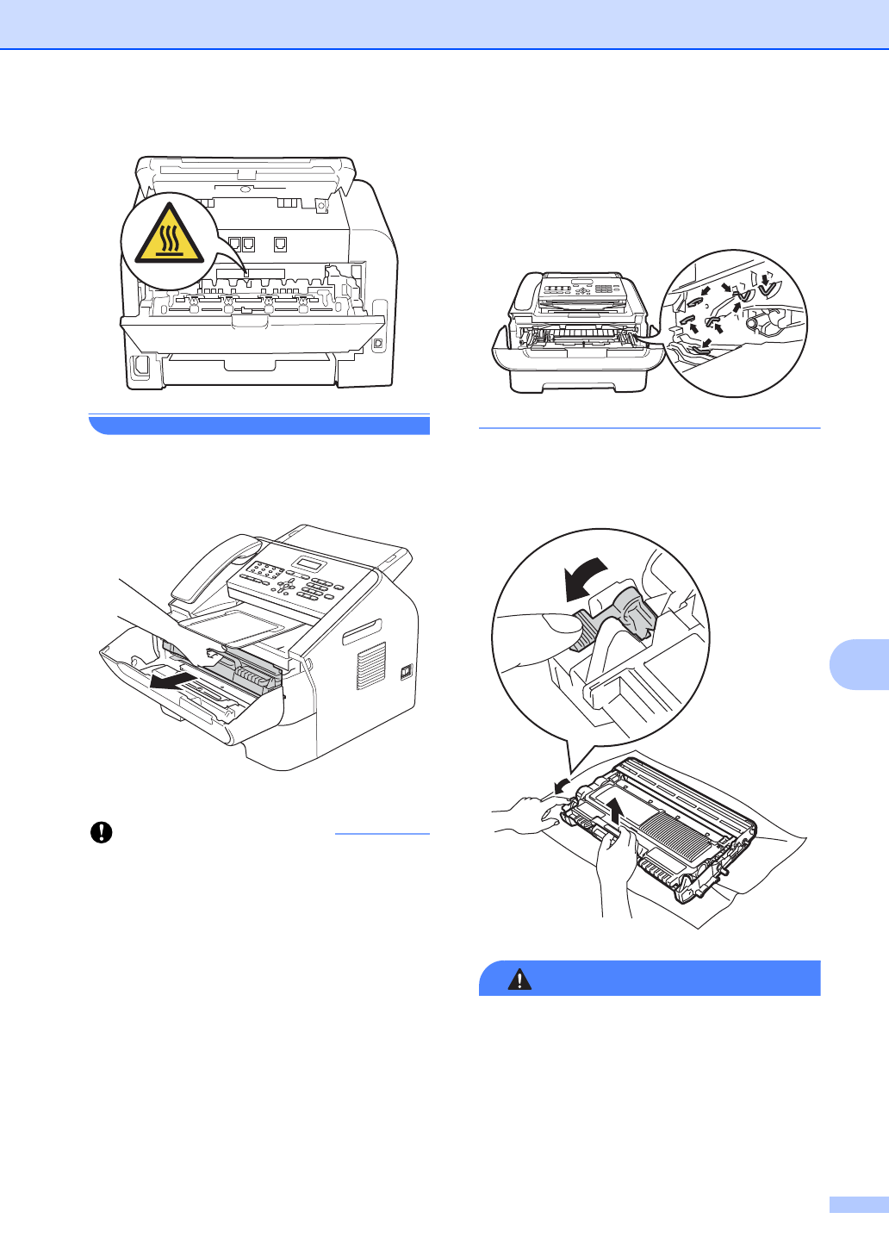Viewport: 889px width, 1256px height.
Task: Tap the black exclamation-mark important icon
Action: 102,832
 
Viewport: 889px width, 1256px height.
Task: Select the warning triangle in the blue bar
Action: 519,979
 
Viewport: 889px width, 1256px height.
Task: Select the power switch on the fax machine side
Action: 407,672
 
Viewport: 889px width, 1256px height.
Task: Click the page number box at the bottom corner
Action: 858,1204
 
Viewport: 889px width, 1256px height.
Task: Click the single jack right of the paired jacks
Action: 280,245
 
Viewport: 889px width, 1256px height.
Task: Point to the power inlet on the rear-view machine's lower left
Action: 140,368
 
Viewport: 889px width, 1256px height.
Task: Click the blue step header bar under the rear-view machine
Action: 258,425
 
